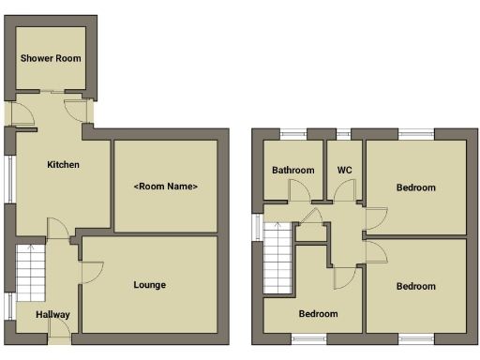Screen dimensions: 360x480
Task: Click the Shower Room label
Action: pyautogui.click(x=51, y=58)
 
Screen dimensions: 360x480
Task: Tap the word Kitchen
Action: pyautogui.click(x=64, y=165)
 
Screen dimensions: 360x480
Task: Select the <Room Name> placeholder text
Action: pyautogui.click(x=166, y=187)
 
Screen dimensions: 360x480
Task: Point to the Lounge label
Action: pyautogui.click(x=150, y=285)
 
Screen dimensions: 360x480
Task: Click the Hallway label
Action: pyautogui.click(x=53, y=315)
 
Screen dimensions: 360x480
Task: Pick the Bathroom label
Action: pyautogui.click(x=292, y=171)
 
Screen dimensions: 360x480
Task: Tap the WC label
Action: pyautogui.click(x=344, y=171)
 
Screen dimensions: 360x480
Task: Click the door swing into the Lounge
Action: pyautogui.click(x=92, y=272)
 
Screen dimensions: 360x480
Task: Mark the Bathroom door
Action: pyautogui.click(x=300, y=191)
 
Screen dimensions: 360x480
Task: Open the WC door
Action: pyautogui.click(x=345, y=191)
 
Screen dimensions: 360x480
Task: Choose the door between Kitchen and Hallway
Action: pyautogui.click(x=56, y=229)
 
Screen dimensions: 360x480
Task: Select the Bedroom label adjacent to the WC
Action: pyautogui.click(x=415, y=187)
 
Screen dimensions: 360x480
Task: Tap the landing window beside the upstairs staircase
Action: pyautogui.click(x=257, y=228)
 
